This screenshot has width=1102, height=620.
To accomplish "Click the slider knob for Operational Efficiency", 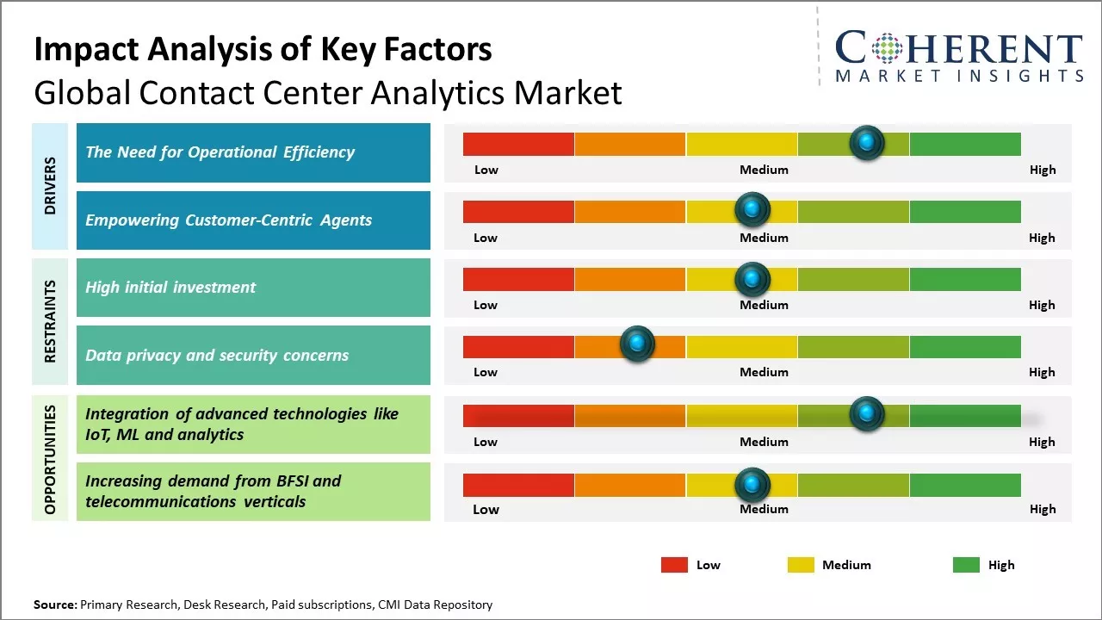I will (x=867, y=142).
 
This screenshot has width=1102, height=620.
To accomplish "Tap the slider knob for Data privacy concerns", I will (x=637, y=344).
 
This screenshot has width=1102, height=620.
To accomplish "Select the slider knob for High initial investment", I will (x=752, y=278).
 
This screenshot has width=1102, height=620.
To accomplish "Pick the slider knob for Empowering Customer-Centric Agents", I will (x=752, y=209).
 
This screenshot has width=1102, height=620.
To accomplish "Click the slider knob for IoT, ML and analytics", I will (x=867, y=414).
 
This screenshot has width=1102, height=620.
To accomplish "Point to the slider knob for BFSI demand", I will (x=752, y=485).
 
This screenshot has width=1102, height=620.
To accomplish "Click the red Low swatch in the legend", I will (x=674, y=565).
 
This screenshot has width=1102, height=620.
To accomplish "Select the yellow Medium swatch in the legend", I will (x=801, y=565).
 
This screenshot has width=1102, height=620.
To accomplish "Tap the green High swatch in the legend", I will (x=966, y=565).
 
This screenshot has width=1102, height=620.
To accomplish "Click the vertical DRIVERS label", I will (x=50, y=185).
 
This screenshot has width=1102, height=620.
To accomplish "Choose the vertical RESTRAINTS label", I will (x=50, y=320).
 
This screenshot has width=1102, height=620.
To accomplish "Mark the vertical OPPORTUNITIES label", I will (x=50, y=459).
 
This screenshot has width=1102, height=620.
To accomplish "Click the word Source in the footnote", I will (x=54, y=605).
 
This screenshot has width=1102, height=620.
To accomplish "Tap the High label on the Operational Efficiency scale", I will (x=1043, y=170).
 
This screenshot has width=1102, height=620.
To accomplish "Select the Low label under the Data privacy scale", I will (x=486, y=372).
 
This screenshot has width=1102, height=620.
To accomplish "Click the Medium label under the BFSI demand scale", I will (x=764, y=509).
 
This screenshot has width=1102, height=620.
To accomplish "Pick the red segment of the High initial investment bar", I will (x=518, y=279).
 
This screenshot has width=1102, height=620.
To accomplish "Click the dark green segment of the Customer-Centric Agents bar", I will (x=965, y=211).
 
